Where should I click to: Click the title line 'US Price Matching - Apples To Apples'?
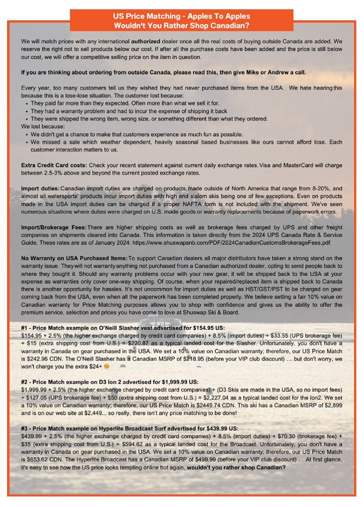tap(181, 16)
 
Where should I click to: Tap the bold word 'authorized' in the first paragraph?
tap(145, 41)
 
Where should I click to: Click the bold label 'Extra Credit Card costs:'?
tap(54, 165)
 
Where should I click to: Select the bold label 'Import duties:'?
tap(40, 188)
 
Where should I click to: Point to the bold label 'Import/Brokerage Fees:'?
tap(54, 227)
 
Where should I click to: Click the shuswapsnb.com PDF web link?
tap(231, 243)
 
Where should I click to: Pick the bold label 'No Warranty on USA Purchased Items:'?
tap(74, 258)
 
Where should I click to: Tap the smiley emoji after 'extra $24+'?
tap(107, 367)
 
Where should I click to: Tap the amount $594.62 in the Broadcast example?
tap(132, 444)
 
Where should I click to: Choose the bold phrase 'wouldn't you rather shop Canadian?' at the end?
tap(236, 468)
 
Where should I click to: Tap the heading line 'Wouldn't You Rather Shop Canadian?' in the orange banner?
tap(181, 26)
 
